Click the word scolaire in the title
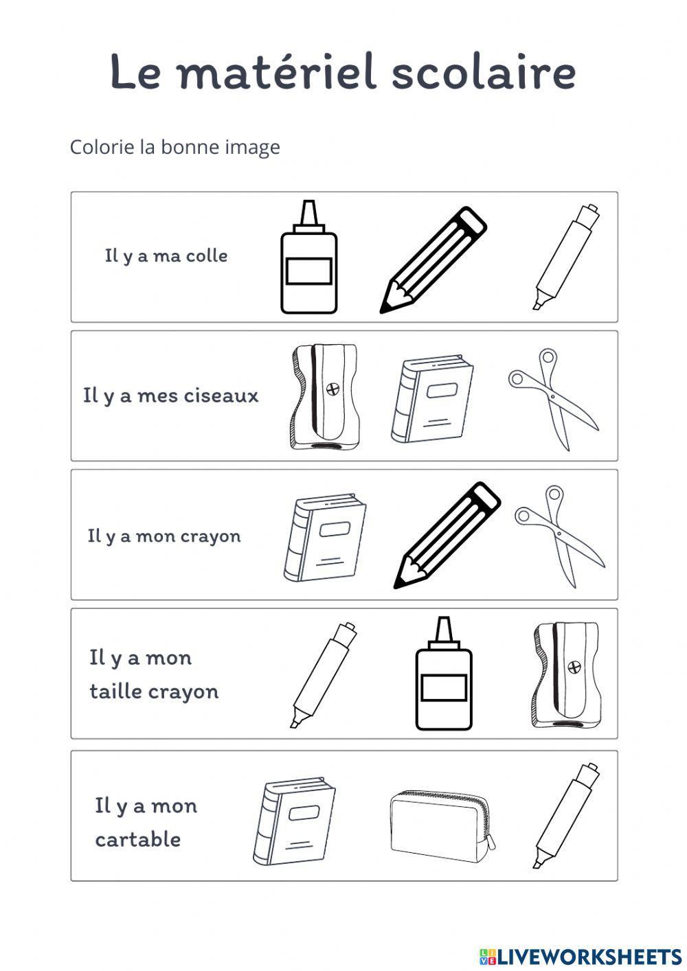point(484,72)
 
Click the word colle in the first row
point(207,255)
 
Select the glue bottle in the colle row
point(308,257)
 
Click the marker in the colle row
point(567,257)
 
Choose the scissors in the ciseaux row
point(554,399)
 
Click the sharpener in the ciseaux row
point(324,397)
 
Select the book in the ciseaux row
point(432,399)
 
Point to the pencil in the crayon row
point(447,535)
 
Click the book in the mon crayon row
point(325,538)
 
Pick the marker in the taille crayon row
point(324,675)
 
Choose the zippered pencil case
point(442,822)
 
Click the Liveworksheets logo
point(580,957)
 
